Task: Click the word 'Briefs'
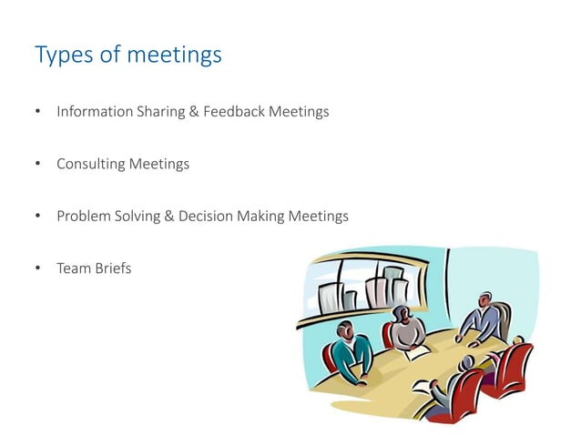coord(112,268)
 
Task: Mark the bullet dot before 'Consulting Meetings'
coord(38,165)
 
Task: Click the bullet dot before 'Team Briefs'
coord(38,268)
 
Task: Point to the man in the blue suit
coord(480,321)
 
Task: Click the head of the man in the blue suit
coord(485,299)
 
